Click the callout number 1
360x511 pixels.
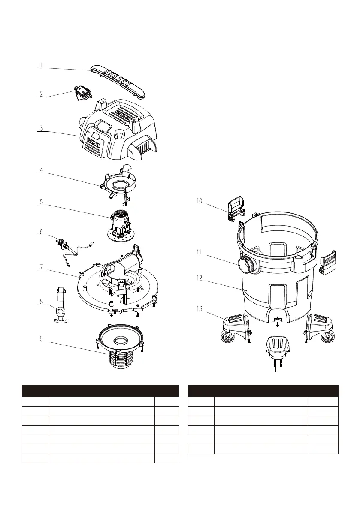pos(41,65)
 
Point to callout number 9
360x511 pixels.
pos(41,339)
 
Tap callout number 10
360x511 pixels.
pos(199,201)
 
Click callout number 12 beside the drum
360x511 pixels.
pos(199,278)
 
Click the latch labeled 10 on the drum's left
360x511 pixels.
pos(234,209)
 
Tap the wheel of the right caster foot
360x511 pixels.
pos(328,338)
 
